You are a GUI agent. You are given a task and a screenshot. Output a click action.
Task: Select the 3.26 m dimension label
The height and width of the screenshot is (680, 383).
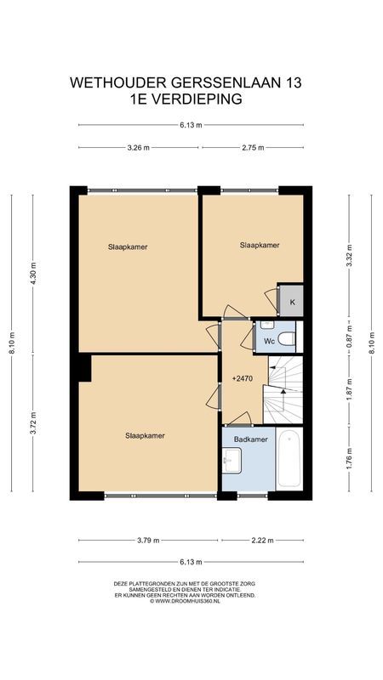click(x=139, y=147)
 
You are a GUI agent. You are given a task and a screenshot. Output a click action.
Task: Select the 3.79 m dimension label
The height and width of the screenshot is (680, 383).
click(x=149, y=539)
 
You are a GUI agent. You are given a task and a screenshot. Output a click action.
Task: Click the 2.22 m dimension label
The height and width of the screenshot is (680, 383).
click(x=262, y=539)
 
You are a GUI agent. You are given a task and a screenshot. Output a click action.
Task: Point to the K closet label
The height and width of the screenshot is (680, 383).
click(x=292, y=302)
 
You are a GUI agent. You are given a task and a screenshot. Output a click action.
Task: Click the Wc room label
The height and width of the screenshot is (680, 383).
click(x=269, y=340)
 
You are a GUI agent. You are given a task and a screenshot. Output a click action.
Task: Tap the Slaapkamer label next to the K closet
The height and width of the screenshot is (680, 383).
click(x=260, y=245)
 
